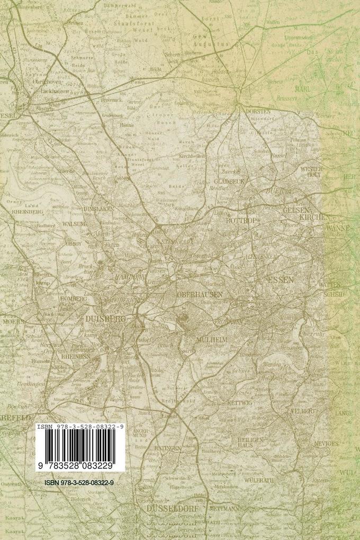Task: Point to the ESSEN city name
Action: coord(280,279)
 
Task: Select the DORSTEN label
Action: coord(258,112)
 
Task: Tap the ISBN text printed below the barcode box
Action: coord(80,483)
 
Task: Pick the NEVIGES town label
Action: coord(325,443)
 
